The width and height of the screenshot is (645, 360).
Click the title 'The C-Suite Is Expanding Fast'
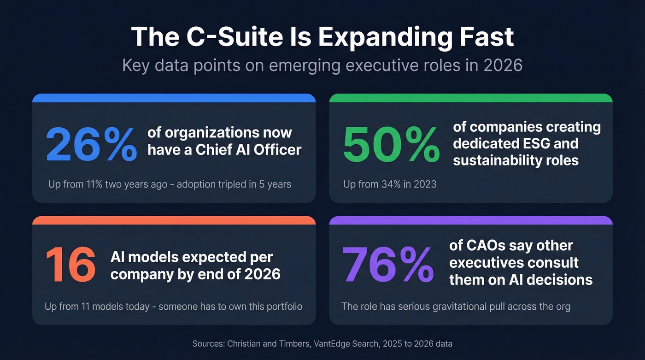(322, 37)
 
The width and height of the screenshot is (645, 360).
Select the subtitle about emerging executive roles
(322, 65)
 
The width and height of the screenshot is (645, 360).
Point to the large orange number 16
(70, 265)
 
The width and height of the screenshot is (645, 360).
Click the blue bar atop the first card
(174, 98)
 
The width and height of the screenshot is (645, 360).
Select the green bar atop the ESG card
(471, 98)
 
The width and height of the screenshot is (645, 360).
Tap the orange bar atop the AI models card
(174, 220)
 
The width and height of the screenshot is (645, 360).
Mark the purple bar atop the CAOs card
(471, 220)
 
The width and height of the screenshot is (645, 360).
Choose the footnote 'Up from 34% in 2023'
(390, 184)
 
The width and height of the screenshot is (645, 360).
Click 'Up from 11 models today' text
(97, 307)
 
